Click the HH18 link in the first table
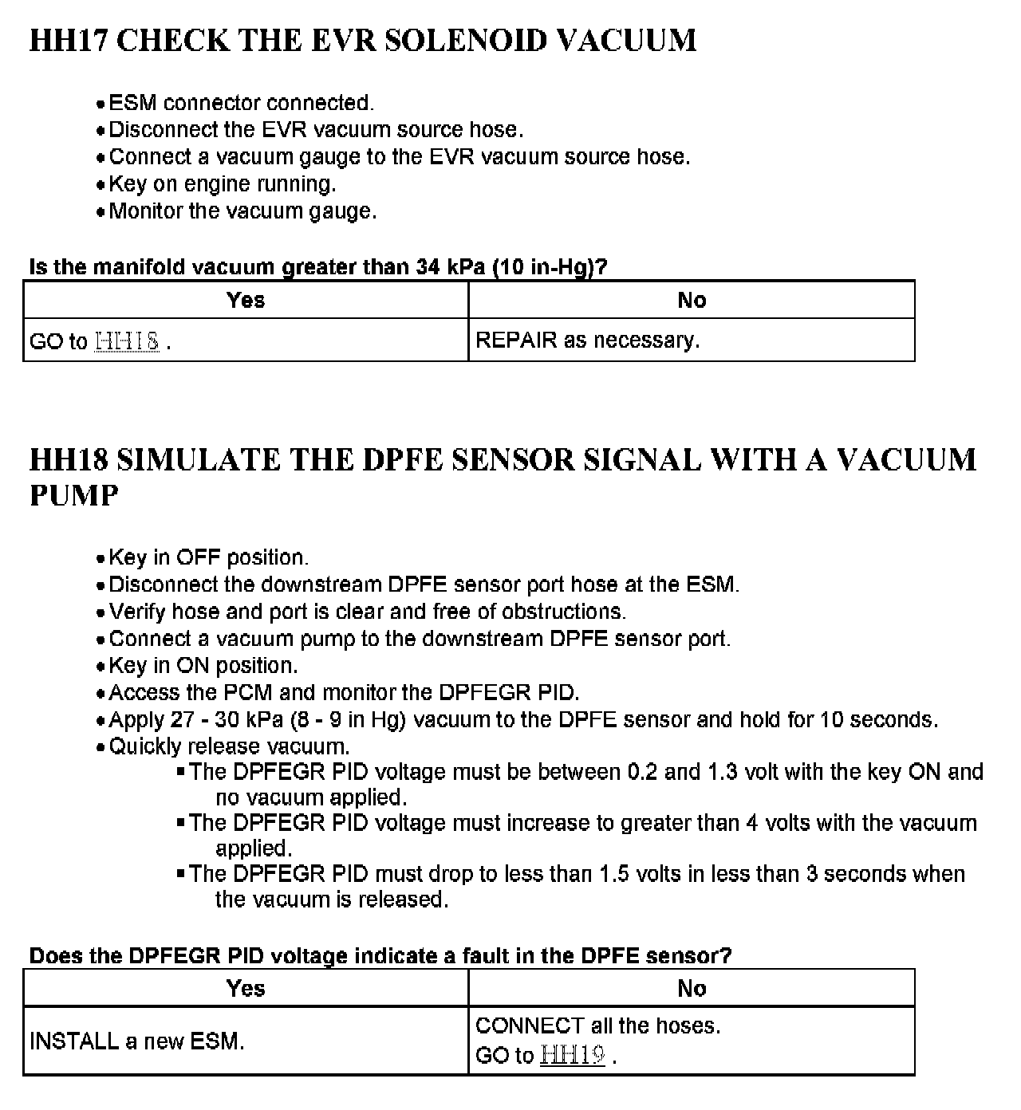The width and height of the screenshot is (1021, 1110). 127,341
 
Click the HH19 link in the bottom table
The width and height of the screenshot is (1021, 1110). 572,1055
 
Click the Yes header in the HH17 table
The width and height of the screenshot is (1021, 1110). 245,300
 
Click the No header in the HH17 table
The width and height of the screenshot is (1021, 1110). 692,300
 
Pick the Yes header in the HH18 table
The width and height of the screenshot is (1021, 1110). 245,988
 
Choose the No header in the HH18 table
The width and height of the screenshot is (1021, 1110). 692,988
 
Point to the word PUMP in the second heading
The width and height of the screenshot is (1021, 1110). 74,495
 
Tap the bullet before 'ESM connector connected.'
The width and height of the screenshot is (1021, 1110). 100,104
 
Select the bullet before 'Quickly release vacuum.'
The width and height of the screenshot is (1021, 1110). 100,748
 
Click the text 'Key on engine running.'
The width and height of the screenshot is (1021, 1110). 223,184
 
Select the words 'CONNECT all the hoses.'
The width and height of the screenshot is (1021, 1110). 597,1025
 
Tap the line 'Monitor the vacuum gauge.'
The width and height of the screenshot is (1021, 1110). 242,211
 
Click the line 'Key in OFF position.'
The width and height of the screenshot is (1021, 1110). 208,557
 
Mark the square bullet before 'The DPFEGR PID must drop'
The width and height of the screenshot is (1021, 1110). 181,873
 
